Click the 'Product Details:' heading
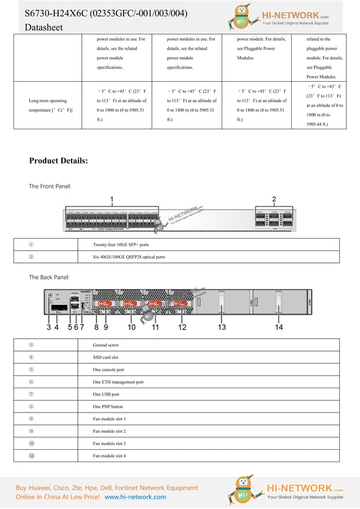(x=59, y=161)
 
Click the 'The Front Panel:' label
(x=50, y=186)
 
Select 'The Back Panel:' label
(x=50, y=277)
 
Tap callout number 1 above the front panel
(x=112, y=199)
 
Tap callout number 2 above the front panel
(x=274, y=199)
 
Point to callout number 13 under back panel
(x=222, y=327)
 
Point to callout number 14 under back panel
(x=279, y=327)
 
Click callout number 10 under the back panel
(x=132, y=327)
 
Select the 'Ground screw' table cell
(x=106, y=345)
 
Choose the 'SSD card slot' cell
(x=106, y=357)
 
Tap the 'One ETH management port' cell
(x=118, y=382)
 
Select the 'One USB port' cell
(x=106, y=394)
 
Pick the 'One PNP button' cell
(x=108, y=407)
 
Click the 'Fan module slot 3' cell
(x=109, y=444)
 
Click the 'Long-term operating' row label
(x=47, y=101)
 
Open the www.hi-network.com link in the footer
(x=135, y=497)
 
